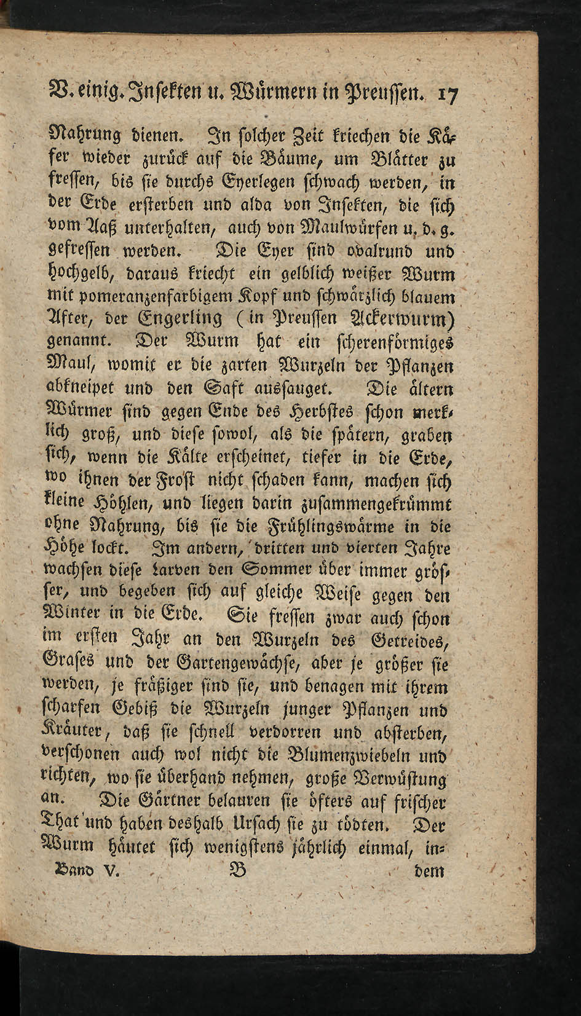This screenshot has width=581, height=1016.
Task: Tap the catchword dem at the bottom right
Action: pos(430,872)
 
